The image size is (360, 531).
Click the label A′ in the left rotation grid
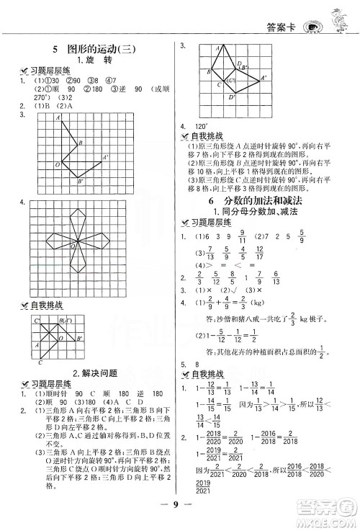pyautogui.click(x=105, y=157)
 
